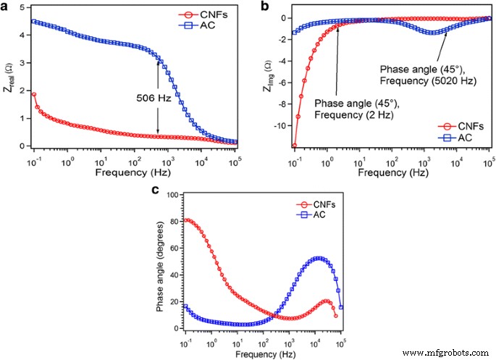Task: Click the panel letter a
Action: tap(6, 7)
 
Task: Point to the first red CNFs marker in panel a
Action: tap(34, 94)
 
